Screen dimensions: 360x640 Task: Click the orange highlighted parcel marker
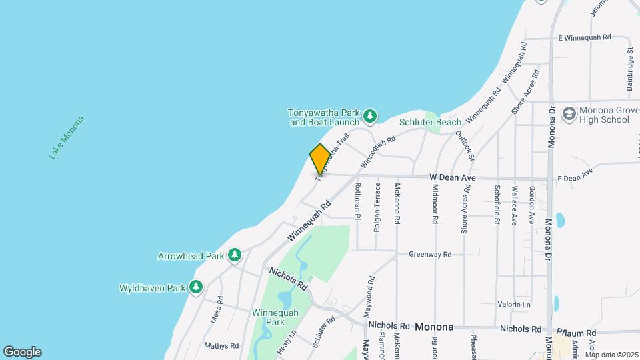click(x=319, y=159)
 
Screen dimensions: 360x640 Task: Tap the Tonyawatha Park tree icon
click(x=370, y=117)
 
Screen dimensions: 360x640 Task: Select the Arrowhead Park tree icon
click(x=234, y=255)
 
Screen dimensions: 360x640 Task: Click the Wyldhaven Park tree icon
click(x=195, y=287)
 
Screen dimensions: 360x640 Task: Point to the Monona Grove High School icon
click(x=569, y=114)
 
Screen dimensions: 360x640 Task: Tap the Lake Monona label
click(x=67, y=138)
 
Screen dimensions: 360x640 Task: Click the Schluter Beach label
click(x=430, y=122)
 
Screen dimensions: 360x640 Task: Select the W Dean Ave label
click(x=452, y=178)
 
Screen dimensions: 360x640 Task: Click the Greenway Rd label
click(x=430, y=254)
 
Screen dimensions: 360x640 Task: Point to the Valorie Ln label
click(x=513, y=305)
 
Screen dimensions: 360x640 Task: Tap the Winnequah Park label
click(x=269, y=317)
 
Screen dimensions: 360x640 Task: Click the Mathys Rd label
click(x=221, y=346)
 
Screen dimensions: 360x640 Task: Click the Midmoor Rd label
click(x=435, y=203)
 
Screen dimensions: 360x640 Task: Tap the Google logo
click(x=22, y=352)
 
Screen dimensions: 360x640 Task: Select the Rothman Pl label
click(x=358, y=201)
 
